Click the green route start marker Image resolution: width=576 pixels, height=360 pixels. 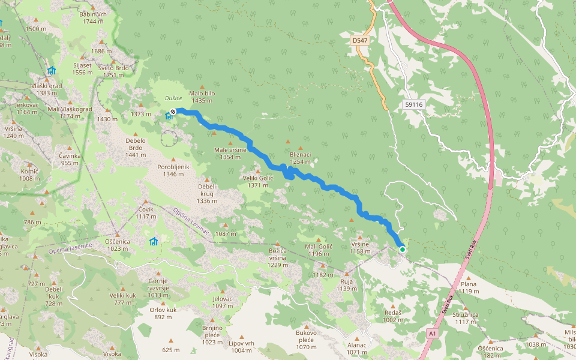[x=402, y=250]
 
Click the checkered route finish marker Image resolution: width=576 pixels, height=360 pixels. [x=173, y=111]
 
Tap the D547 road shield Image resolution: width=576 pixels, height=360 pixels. [x=359, y=40]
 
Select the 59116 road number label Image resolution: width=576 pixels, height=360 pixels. [x=413, y=104]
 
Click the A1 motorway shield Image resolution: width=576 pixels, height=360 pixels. [x=432, y=332]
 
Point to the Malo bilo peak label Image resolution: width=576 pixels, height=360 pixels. [x=202, y=94]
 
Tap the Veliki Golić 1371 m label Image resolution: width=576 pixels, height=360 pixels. [x=258, y=182]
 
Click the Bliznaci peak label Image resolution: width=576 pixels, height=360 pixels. [x=301, y=154]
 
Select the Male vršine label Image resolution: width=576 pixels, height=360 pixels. [x=230, y=149]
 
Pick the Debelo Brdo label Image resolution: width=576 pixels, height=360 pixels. [x=136, y=144]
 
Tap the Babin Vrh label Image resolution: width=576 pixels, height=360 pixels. [x=93, y=14]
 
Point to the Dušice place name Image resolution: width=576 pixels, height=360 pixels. [x=173, y=98]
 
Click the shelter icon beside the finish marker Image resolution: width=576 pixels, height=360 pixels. [x=169, y=116]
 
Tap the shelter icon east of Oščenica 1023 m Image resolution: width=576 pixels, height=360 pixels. [x=154, y=242]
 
